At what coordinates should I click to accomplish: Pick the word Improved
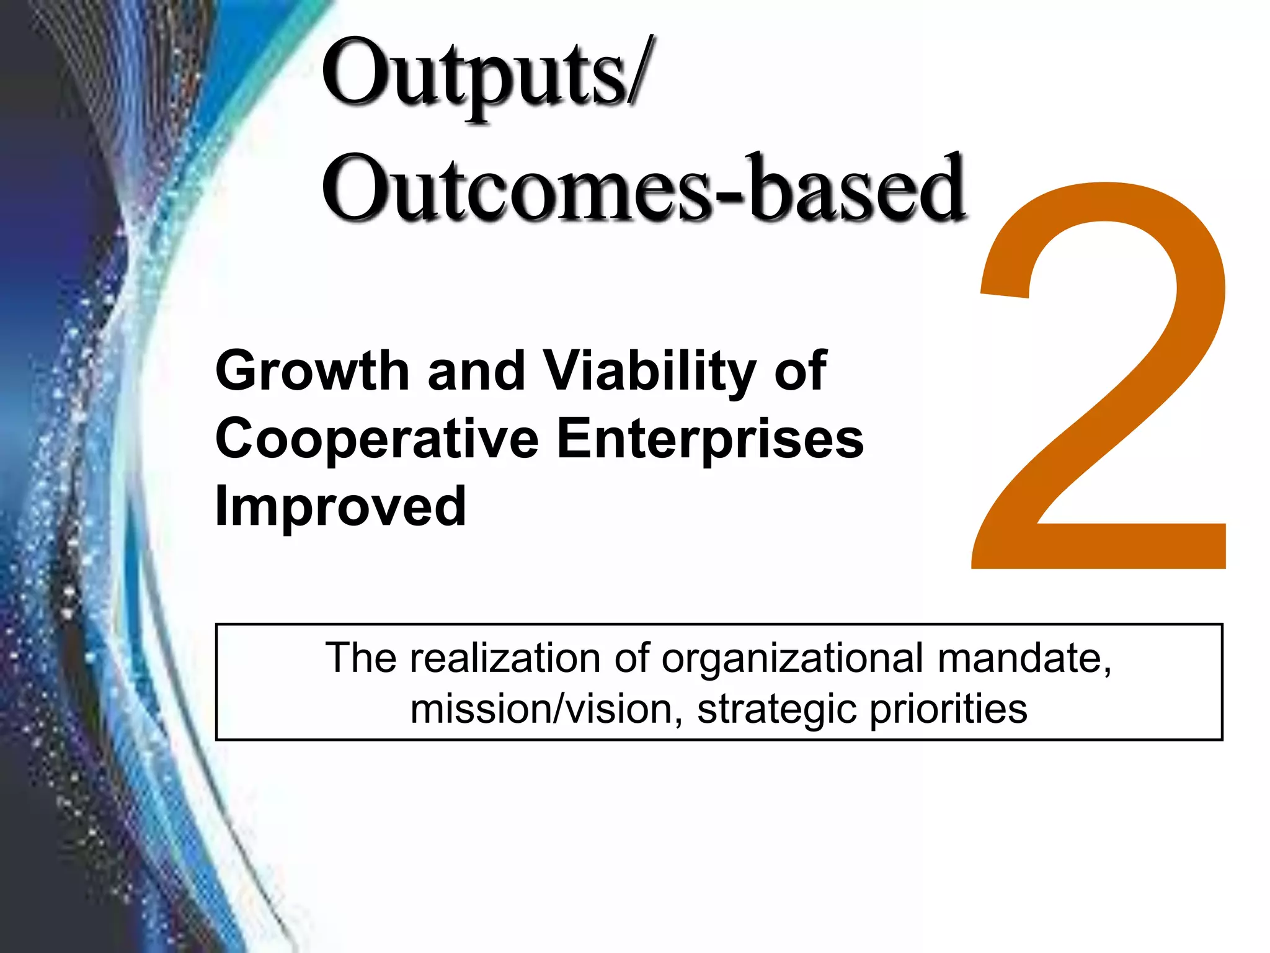click(x=340, y=506)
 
